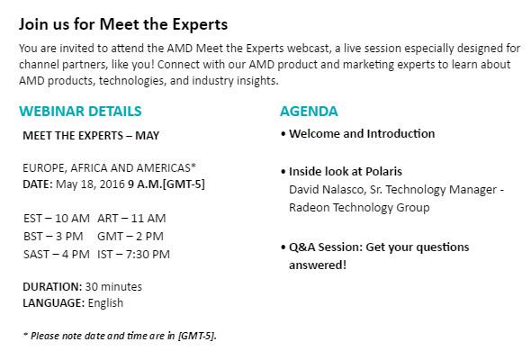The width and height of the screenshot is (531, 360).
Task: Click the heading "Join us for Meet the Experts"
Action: click(123, 24)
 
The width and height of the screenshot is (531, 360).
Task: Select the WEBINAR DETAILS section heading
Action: click(80, 112)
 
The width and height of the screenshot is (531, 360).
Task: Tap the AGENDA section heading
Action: click(309, 112)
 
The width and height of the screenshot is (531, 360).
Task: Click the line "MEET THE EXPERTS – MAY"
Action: click(91, 136)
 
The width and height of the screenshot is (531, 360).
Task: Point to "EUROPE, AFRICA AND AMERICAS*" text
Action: click(110, 167)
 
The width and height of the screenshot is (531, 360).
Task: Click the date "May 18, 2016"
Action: click(90, 184)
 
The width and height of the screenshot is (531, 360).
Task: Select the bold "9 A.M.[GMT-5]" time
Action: click(166, 184)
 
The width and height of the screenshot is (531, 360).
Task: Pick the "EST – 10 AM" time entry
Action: click(57, 219)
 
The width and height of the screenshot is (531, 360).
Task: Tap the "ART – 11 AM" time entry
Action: click(131, 219)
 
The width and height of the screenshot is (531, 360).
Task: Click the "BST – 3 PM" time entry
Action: click(53, 237)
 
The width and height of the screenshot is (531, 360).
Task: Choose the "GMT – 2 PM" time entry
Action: click(130, 237)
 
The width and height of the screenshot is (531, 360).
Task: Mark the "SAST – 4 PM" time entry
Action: click(57, 255)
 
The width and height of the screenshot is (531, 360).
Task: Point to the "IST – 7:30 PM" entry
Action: click(133, 255)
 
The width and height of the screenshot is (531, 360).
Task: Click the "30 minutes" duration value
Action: click(113, 287)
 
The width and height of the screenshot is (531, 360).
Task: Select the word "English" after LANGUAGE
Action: click(105, 302)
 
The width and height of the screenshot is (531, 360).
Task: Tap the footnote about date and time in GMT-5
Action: click(120, 336)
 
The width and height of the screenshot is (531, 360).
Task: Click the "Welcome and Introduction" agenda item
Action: click(362, 134)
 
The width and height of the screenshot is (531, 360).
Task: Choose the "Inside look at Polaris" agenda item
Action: click(346, 171)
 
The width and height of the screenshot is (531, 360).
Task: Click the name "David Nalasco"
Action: click(326, 190)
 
